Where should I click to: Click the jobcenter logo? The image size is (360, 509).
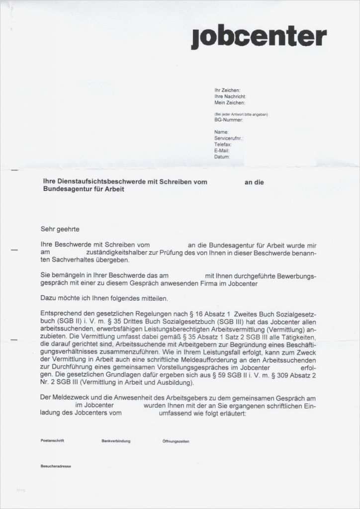[259, 37]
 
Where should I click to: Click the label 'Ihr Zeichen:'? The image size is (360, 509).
[227, 90]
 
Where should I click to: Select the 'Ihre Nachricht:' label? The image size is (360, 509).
[230, 96]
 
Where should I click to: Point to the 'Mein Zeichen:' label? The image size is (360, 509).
[229, 102]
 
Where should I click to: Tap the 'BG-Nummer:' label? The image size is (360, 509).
[228, 120]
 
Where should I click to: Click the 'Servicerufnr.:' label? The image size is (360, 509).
[229, 138]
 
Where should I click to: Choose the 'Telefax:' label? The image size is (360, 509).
[223, 144]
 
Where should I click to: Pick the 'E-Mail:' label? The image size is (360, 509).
[222, 150]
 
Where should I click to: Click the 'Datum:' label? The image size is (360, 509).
[222, 157]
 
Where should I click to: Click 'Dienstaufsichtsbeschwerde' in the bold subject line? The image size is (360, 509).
[103, 182]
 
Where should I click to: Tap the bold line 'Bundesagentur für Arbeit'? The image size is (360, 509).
[84, 189]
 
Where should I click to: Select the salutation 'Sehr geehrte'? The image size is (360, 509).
[60, 229]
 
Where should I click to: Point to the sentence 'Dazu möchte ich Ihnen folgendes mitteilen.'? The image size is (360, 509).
[104, 298]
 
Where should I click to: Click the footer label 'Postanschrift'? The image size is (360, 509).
[52, 441]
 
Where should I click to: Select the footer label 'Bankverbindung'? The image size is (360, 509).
[116, 441]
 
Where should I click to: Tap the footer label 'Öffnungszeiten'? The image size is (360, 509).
[176, 441]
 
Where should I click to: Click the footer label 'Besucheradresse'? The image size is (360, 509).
[56, 467]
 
